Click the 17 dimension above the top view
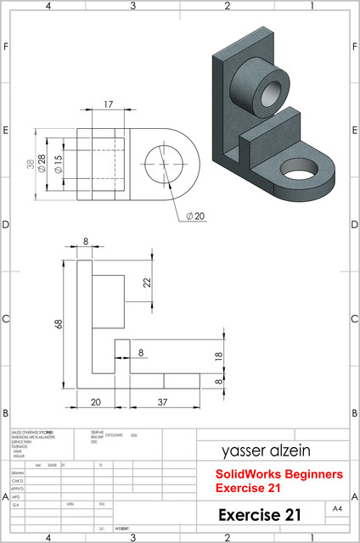pyautogui.click(x=107, y=104)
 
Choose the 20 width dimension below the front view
pyautogui.click(x=95, y=400)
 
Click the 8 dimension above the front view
pyautogui.click(x=85, y=243)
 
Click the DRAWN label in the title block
pyautogui.click(x=18, y=473)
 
